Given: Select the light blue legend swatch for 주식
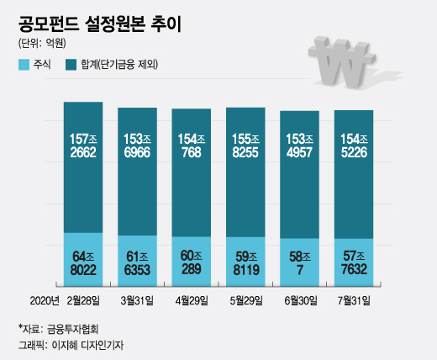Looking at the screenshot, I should click(24, 64).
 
